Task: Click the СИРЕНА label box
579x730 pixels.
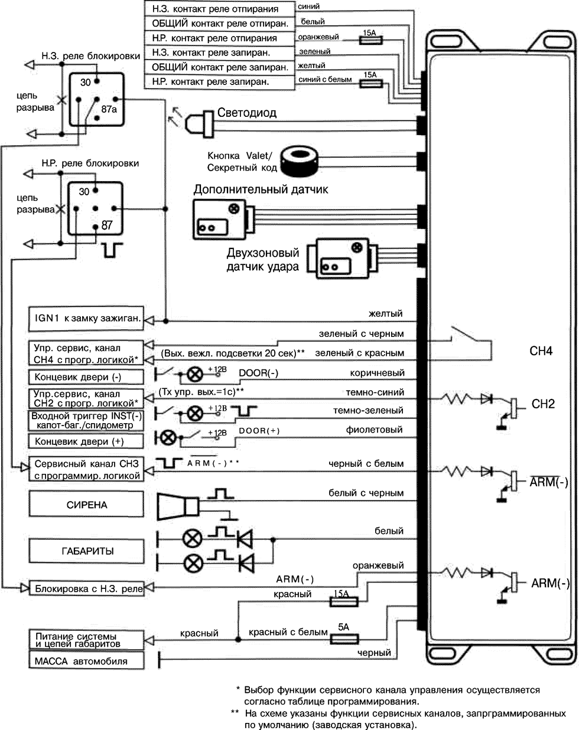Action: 86,505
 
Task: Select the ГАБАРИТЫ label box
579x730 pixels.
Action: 86,551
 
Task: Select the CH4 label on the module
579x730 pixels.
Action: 541,351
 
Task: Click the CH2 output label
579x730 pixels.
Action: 543,404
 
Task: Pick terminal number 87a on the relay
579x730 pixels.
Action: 109,109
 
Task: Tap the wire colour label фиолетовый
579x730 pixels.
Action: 375,430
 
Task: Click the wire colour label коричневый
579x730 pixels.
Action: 377,372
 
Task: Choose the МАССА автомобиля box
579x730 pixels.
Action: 86,661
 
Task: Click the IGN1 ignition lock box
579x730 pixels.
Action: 86,319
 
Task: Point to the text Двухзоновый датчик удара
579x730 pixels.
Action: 263,260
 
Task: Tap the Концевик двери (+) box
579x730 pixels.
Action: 86,441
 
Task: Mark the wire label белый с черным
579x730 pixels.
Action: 366,493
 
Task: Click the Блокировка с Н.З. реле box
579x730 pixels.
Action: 86,588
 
